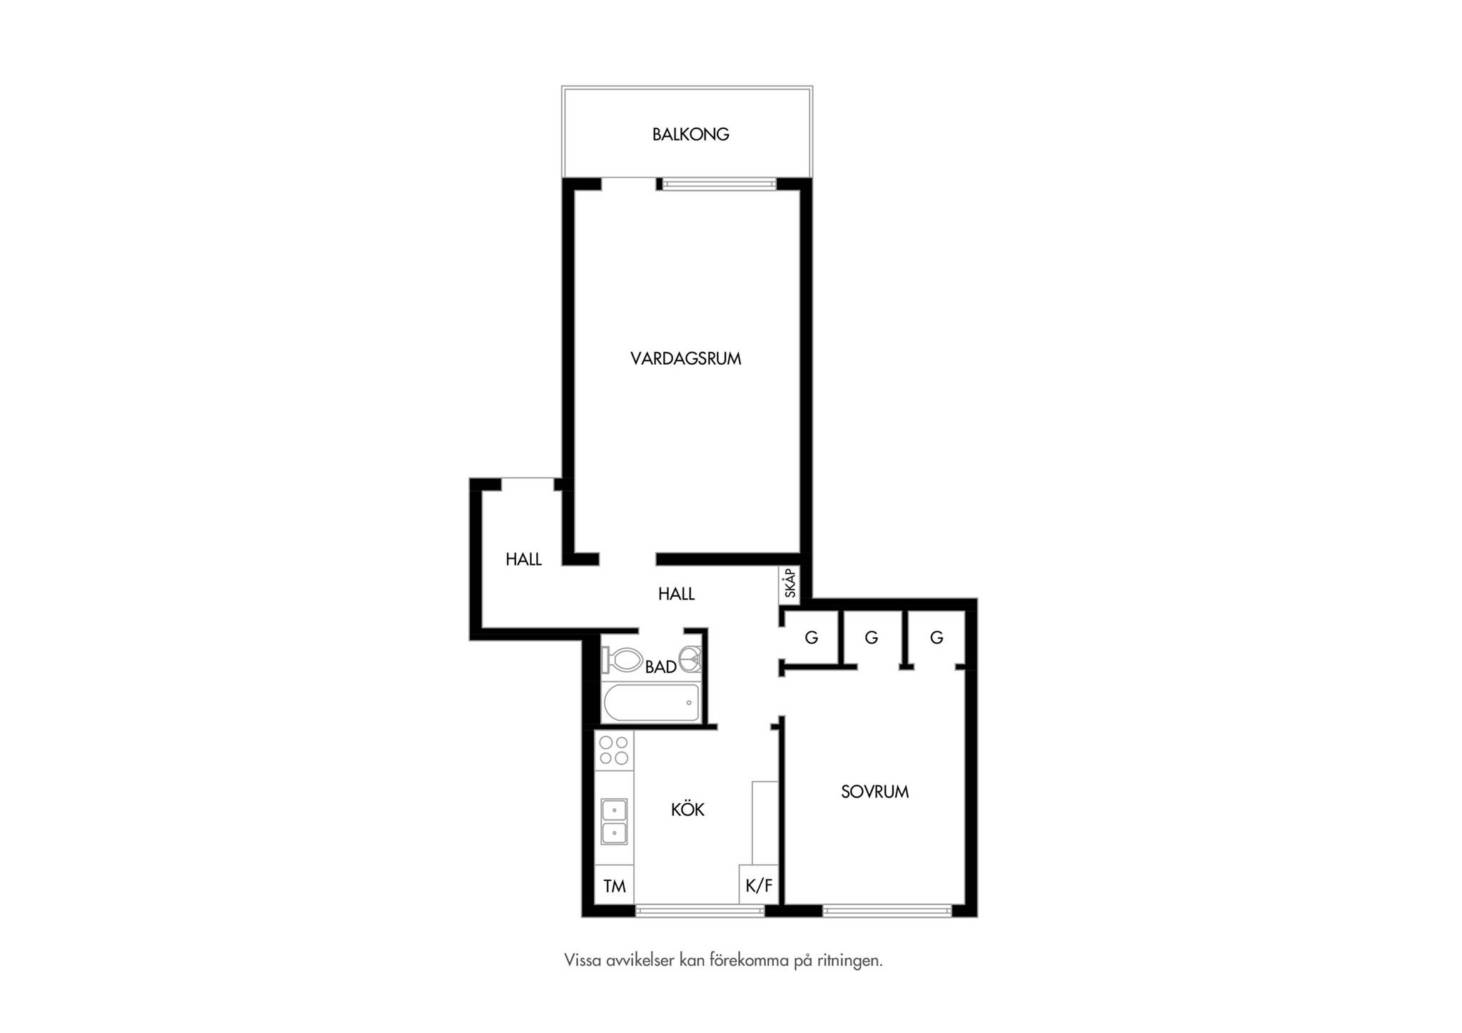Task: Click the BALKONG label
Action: (690, 134)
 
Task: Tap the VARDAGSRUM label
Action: (685, 358)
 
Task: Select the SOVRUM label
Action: (874, 791)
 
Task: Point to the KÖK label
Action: (687, 809)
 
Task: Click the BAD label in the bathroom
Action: (660, 667)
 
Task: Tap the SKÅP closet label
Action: (790, 583)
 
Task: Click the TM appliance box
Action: (614, 885)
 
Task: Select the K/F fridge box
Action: (759, 885)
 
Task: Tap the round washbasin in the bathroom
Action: (690, 659)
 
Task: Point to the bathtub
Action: (651, 702)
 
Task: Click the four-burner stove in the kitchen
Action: (614, 750)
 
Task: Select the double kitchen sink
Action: (614, 821)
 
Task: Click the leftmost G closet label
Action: (811, 638)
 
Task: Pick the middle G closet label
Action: (871, 638)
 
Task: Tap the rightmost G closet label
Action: (937, 638)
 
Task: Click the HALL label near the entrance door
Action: (523, 560)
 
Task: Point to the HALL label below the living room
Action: (676, 594)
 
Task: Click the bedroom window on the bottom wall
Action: (887, 910)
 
